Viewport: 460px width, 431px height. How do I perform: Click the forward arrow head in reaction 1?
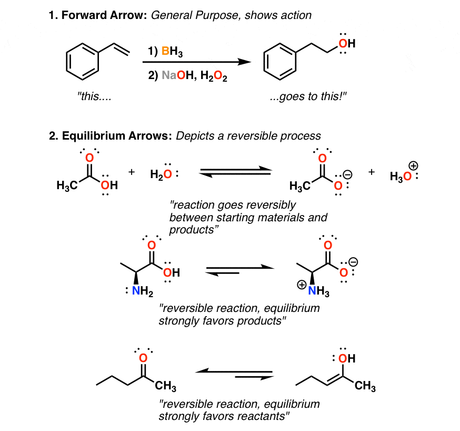tap(244, 62)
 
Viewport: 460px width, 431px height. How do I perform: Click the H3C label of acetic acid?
tap(67, 185)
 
